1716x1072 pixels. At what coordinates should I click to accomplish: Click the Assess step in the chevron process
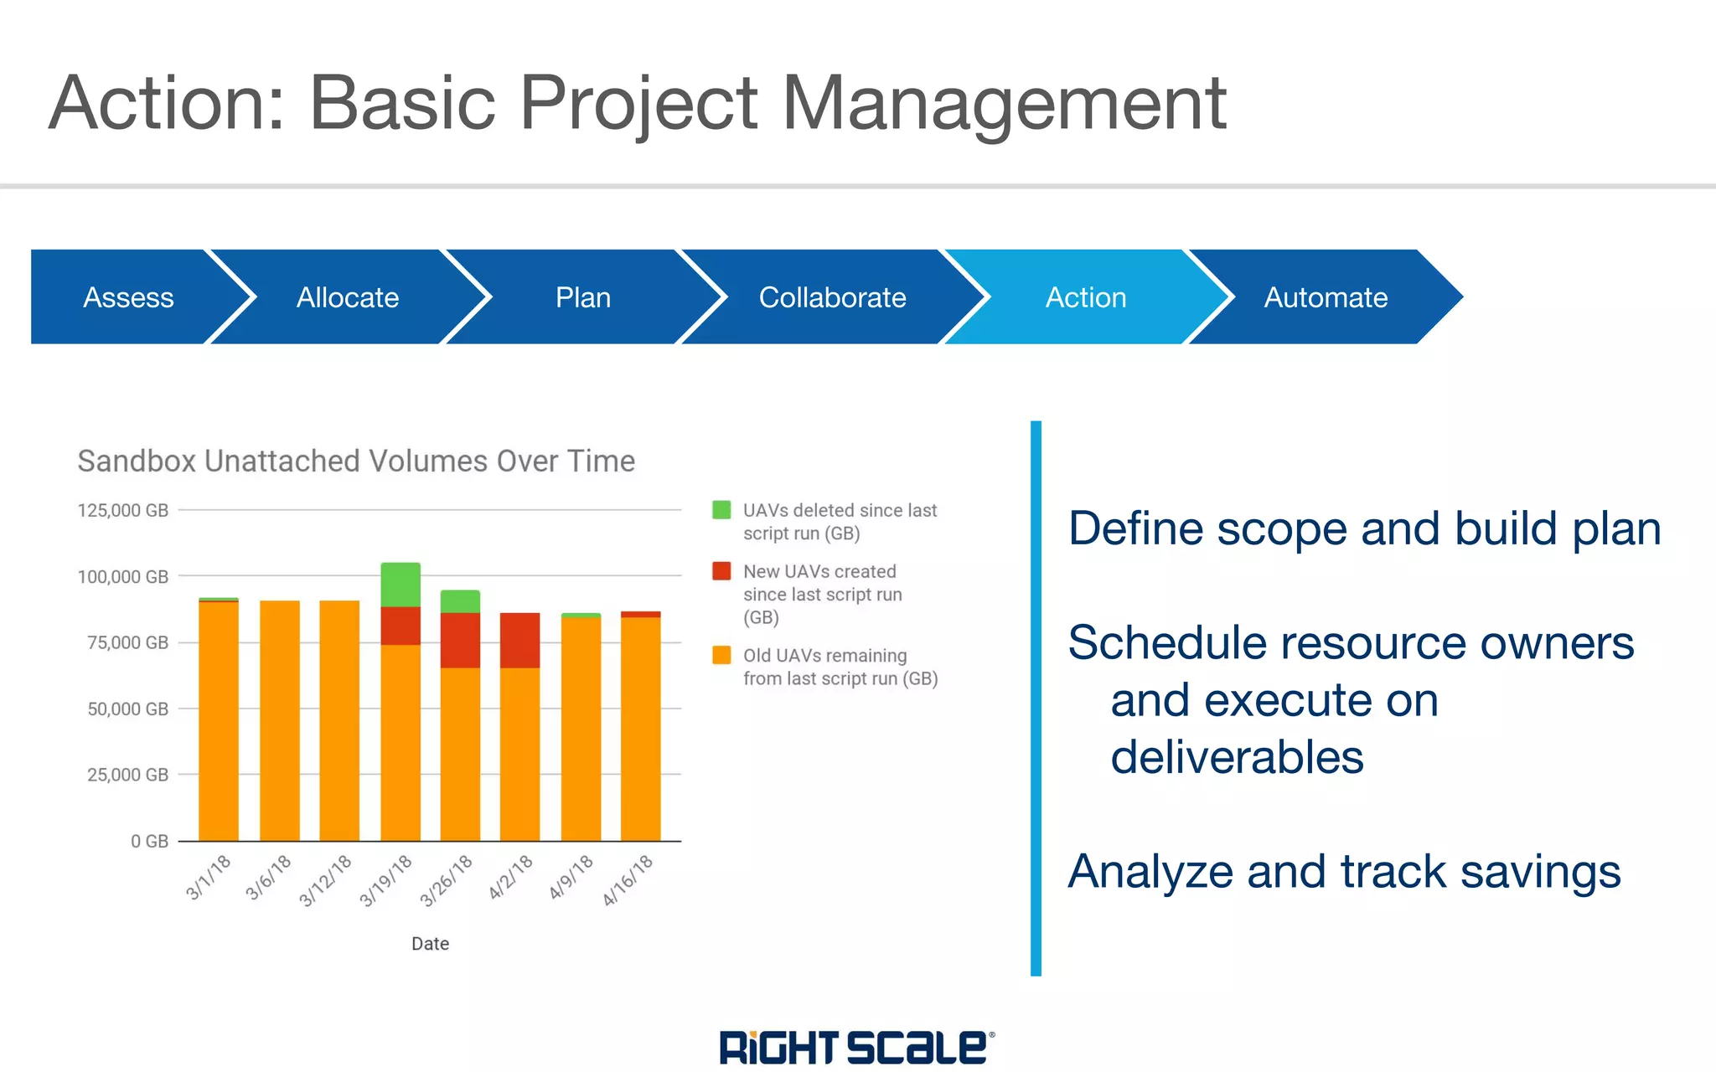point(128,297)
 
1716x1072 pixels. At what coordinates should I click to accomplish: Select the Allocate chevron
point(348,297)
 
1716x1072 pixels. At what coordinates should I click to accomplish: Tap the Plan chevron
point(583,297)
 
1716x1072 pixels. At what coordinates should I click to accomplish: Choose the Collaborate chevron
point(832,297)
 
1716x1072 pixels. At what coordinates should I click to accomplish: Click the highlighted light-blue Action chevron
point(1085,297)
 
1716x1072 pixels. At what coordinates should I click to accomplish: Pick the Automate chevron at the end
point(1326,297)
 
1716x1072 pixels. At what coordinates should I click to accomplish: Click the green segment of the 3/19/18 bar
point(401,585)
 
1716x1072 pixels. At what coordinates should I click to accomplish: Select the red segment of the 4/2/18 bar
point(519,640)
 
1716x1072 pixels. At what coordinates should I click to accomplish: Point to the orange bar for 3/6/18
point(280,720)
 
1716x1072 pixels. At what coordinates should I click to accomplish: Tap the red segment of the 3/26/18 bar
point(460,640)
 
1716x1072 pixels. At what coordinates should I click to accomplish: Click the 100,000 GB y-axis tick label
point(123,577)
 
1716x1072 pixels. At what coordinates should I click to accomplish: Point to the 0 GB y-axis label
point(149,841)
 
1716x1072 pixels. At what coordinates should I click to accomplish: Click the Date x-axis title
point(430,944)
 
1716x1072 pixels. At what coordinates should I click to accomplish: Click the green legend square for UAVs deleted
point(721,510)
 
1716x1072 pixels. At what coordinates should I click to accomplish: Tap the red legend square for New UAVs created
point(721,571)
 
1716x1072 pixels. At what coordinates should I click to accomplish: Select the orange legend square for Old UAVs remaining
point(721,655)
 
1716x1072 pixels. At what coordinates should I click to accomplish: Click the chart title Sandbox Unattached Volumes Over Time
point(356,461)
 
